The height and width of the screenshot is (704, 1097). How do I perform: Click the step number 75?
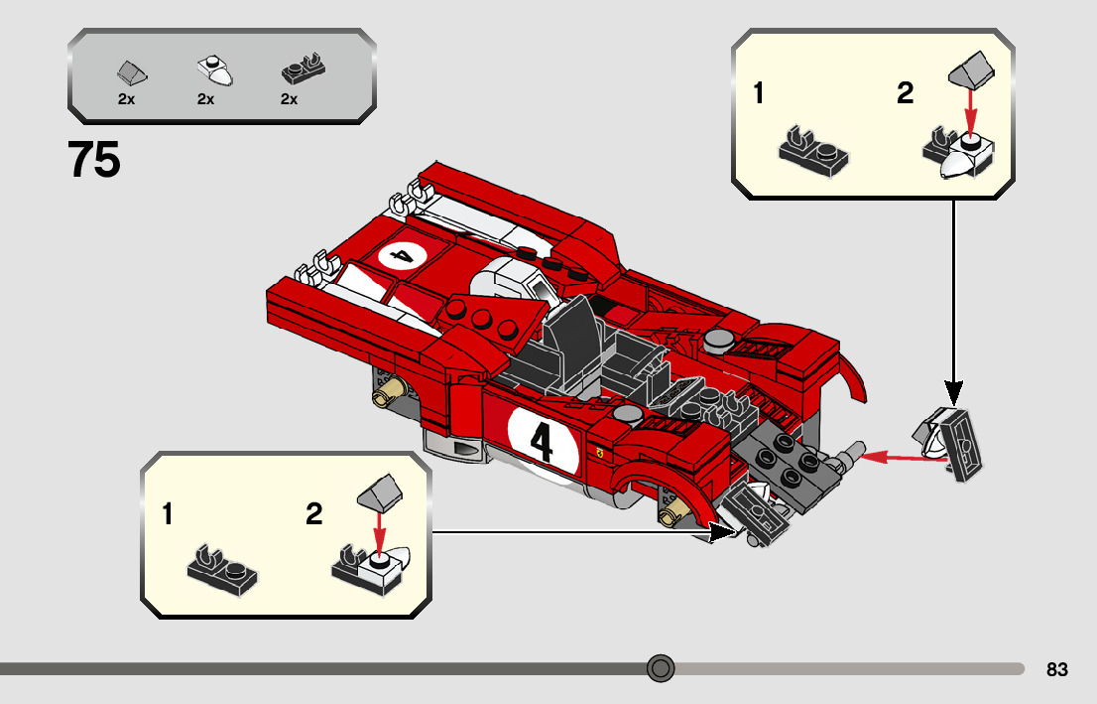pos(94,160)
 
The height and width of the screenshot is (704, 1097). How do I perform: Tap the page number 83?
pos(1056,669)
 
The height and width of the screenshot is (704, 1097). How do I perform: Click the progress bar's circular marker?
pos(661,668)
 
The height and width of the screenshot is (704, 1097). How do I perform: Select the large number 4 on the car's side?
pos(542,442)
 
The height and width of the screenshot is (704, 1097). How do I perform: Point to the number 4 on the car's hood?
pos(403,255)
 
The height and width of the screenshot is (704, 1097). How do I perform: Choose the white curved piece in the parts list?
pos(214,70)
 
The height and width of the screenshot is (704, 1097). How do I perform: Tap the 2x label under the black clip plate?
pos(290,99)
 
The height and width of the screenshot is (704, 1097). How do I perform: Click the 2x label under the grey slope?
pos(126,99)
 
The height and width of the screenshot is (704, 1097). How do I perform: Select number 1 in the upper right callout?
pos(759,94)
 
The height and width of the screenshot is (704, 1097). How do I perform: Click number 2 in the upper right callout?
pos(905,94)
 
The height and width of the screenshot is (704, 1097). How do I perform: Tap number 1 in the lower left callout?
pos(168,514)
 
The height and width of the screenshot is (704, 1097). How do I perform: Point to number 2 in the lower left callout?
pos(314,514)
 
